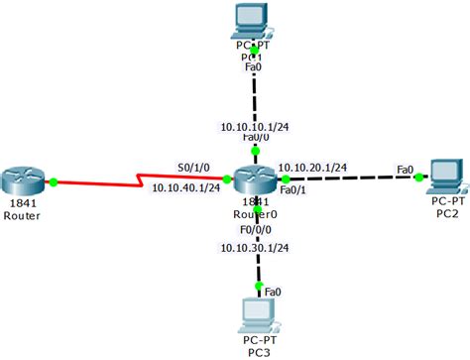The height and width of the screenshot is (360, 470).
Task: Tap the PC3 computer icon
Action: tap(256, 314)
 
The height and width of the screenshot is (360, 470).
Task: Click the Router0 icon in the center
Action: tap(256, 178)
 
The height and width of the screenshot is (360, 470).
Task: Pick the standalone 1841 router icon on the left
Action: tap(25, 181)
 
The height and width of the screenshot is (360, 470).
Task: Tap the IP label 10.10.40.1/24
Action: tap(185, 188)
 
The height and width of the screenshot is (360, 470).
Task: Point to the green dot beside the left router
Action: tap(53, 180)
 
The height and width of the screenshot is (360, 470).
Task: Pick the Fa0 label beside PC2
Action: tap(405, 170)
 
